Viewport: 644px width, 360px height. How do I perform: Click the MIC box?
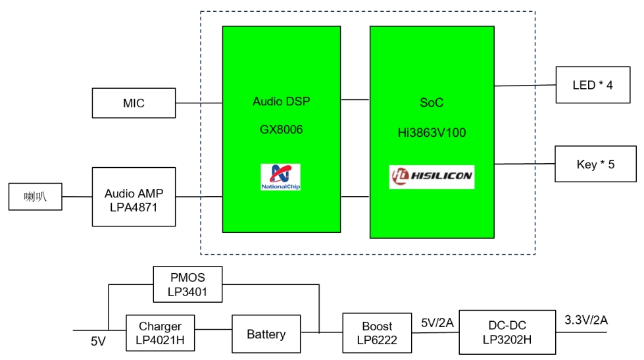134,103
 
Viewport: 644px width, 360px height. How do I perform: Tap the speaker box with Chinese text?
35,197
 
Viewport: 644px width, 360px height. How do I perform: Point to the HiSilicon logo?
432,177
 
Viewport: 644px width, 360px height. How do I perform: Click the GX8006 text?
281,130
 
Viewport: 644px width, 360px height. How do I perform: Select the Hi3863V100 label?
432,133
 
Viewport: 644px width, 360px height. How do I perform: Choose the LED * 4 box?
596,85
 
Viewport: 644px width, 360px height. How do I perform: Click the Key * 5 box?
596,164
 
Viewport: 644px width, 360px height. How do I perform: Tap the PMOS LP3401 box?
187,284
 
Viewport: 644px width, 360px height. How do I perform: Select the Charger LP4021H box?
160,334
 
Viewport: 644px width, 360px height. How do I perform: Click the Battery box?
266,334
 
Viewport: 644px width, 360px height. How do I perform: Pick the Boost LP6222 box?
377,333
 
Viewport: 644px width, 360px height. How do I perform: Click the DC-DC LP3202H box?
507,332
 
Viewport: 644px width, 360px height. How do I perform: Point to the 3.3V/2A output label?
586,321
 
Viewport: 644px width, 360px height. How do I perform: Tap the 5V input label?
99,341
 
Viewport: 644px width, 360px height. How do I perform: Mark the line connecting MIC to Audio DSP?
199,103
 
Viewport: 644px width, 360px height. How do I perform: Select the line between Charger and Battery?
213,329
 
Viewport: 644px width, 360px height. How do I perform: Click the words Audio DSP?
281,102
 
